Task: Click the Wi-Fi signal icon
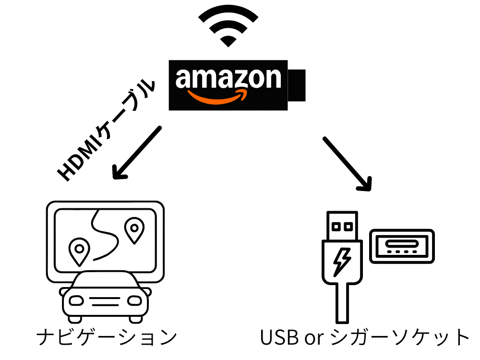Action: [228, 26]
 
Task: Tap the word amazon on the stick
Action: [228, 78]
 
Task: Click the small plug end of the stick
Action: [297, 85]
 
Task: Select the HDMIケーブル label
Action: [107, 130]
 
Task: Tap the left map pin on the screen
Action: [79, 250]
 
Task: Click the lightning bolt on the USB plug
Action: [342, 261]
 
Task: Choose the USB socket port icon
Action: [402, 246]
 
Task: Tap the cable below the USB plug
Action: [342, 302]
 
